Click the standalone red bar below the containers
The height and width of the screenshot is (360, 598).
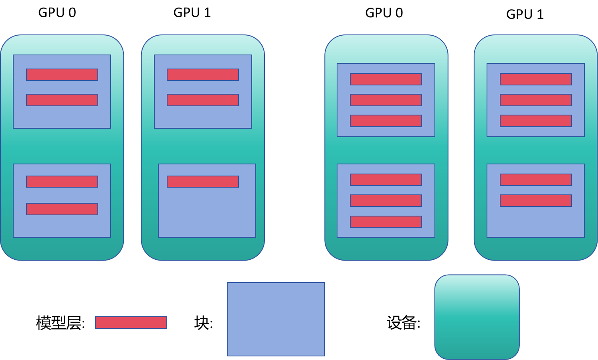pyautogui.click(x=131, y=322)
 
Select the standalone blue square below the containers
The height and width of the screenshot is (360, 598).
pyautogui.click(x=276, y=319)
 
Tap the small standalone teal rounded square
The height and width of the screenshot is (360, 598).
pyautogui.click(x=477, y=317)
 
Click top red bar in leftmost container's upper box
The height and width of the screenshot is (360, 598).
pyautogui.click(x=62, y=75)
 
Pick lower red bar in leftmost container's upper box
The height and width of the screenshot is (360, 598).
pyautogui.click(x=62, y=100)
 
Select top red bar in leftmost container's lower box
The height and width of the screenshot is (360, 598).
pyautogui.click(x=62, y=182)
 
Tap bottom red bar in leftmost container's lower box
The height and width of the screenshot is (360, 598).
pyautogui.click(x=62, y=209)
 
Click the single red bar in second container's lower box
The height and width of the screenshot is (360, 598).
pyautogui.click(x=203, y=182)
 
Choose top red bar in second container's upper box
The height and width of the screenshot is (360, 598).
pyautogui.click(x=203, y=75)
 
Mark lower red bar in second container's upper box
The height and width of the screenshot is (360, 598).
pyautogui.click(x=203, y=100)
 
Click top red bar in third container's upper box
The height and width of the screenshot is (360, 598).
pyautogui.click(x=386, y=79)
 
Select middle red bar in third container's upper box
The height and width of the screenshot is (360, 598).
pyautogui.click(x=386, y=100)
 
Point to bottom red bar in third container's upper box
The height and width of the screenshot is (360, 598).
pyautogui.click(x=386, y=121)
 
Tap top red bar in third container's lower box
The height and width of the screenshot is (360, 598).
pyautogui.click(x=386, y=180)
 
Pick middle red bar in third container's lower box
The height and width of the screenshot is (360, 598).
pyautogui.click(x=386, y=200)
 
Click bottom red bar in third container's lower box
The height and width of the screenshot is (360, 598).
pyautogui.click(x=386, y=222)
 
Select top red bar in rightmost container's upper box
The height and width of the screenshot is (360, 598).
pyautogui.click(x=536, y=79)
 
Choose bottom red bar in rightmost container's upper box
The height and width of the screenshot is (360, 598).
pyautogui.click(x=536, y=121)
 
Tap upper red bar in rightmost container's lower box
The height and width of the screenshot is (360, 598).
pyautogui.click(x=536, y=180)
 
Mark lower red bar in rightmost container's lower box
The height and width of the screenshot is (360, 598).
pyautogui.click(x=536, y=200)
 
